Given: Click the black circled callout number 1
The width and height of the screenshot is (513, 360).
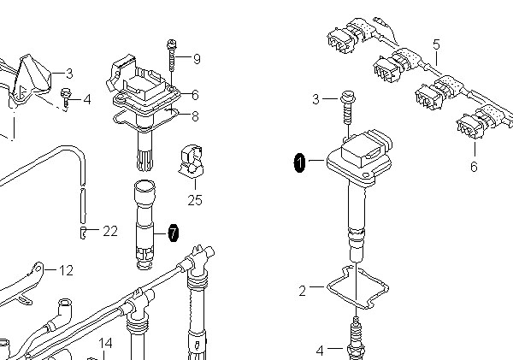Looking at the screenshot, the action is click(300, 162).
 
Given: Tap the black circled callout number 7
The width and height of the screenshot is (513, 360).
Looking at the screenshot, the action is click(173, 233).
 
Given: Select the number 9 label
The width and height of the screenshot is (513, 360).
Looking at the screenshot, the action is click(197, 59).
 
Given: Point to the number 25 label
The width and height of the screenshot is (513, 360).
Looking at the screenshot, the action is click(195, 200).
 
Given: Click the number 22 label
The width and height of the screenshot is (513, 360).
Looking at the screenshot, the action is click(110, 231).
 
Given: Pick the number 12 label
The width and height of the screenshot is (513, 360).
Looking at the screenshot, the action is click(66, 270).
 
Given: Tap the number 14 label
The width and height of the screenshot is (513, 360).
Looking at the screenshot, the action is click(105, 343).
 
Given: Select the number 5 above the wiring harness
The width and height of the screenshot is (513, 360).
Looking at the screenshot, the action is click(436, 44).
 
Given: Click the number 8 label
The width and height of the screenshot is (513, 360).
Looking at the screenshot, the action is click(195, 115).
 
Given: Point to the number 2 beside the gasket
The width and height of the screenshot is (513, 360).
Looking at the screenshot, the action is click(303, 291).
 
